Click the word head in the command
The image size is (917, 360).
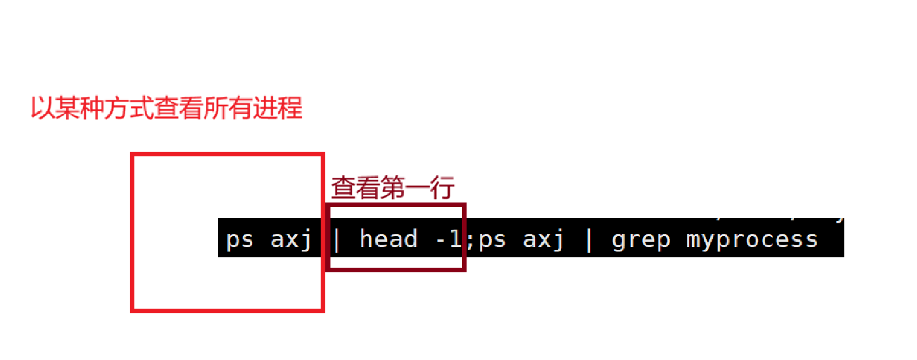(388, 239)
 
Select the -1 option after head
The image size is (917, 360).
(449, 239)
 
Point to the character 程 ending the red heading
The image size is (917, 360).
(290, 108)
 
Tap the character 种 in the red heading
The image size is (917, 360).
(92, 108)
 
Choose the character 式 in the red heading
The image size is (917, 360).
(142, 108)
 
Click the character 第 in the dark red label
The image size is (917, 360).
(393, 188)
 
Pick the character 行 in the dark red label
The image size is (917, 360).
(442, 188)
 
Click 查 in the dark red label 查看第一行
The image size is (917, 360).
(343, 188)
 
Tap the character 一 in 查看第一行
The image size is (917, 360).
(418, 188)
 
